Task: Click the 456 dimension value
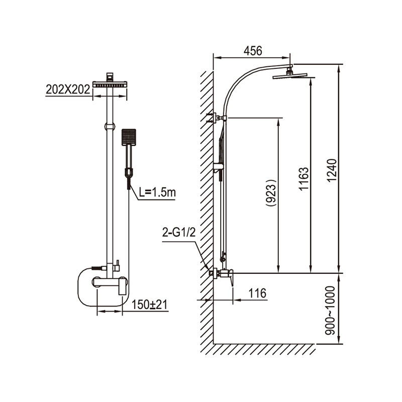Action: point(253,51)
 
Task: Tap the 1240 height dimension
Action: point(332,170)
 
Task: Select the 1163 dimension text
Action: point(304,178)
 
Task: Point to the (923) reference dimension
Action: point(271,192)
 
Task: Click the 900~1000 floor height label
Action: point(330,311)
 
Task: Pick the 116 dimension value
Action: point(257,293)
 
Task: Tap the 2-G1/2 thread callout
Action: point(179,232)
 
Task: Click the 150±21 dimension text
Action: point(149,305)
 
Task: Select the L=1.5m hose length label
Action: point(157,192)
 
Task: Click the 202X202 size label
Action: point(68,89)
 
